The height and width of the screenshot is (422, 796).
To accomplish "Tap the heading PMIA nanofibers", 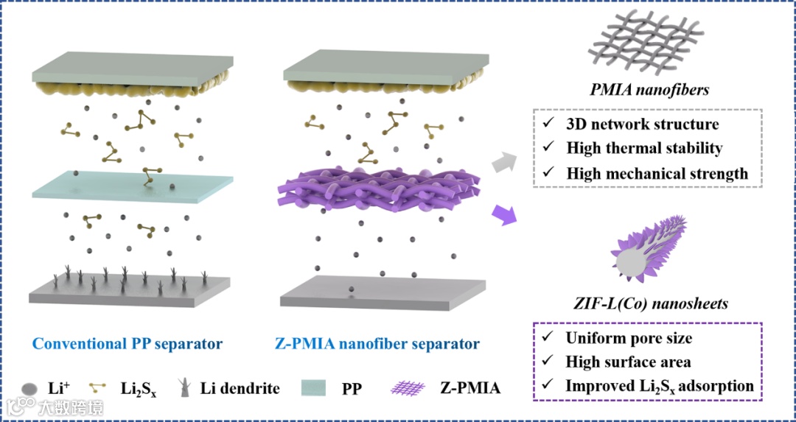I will (649, 90).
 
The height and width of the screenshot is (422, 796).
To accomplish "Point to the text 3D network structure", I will (643, 124).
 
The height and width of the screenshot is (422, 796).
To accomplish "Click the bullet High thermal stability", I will (644, 148).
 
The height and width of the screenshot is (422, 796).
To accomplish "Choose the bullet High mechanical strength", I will (657, 174).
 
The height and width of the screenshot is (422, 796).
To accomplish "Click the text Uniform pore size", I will (629, 338).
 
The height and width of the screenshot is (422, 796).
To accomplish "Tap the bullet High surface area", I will (627, 362).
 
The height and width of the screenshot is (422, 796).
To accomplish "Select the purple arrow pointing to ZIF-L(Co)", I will (505, 216).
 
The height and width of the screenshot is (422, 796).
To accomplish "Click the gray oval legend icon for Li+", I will (29, 387).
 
